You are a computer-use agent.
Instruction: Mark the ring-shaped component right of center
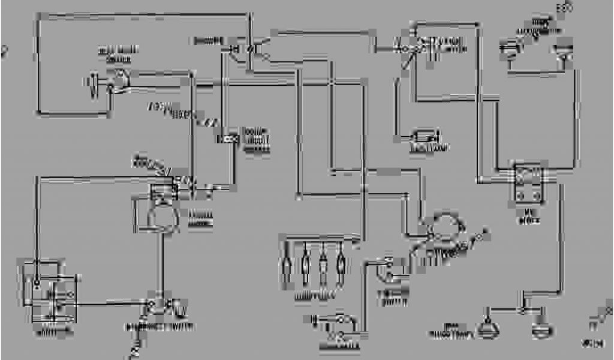(445, 230)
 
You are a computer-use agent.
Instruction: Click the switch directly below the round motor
(161, 306)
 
